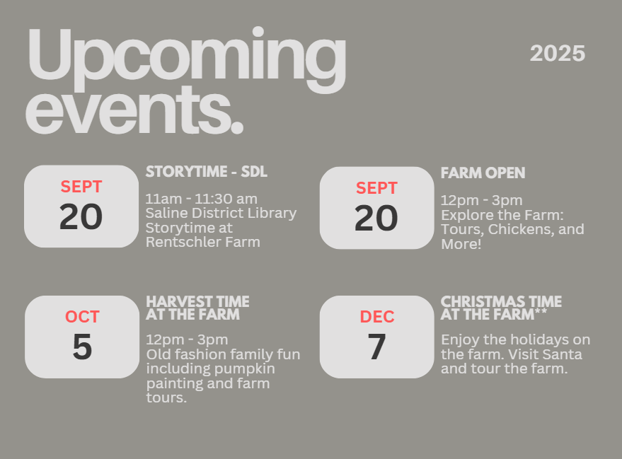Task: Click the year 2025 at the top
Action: click(558, 54)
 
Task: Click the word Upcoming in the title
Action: click(187, 59)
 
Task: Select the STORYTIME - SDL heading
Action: click(207, 172)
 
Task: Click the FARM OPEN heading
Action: click(483, 173)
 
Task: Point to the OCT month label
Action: click(82, 317)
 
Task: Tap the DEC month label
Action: click(377, 317)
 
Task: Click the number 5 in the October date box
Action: click(82, 347)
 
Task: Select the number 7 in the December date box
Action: click(376, 347)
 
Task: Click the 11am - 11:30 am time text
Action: click(201, 199)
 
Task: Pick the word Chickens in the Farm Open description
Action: click(520, 229)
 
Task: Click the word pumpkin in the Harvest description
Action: click(242, 369)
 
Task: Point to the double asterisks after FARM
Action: click(541, 312)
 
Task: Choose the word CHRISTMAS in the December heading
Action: click(476, 302)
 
